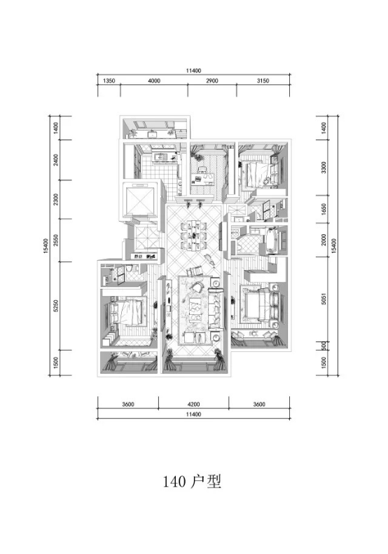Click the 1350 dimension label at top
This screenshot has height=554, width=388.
pos(109,81)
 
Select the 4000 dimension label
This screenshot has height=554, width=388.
pos(154,81)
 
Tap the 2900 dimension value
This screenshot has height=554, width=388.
pos(212,81)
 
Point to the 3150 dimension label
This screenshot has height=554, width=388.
pos(263,81)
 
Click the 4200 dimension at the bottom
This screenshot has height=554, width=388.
pos(193,404)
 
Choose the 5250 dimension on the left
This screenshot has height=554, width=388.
pos(56,306)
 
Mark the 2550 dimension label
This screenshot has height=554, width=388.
pos(56,241)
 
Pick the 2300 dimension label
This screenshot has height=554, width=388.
pos(56,200)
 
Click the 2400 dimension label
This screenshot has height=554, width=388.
pos(56,160)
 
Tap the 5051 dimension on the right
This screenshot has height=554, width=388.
pos(324,299)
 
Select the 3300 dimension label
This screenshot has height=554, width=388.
pos(324,168)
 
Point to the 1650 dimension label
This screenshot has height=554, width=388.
pos(324,209)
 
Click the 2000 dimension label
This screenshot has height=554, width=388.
pos(324,240)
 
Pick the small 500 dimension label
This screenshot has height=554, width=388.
pos(324,346)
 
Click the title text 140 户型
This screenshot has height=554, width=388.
pos(192,481)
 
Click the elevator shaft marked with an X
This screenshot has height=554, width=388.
pos(139,200)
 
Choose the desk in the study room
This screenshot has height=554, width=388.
pos(203,178)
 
